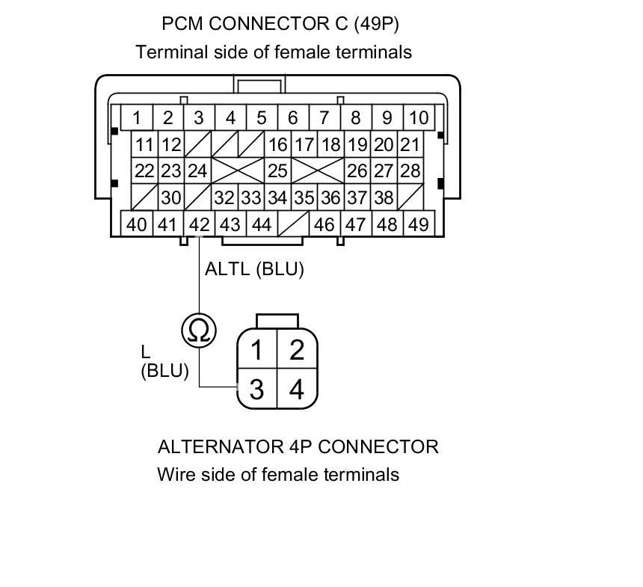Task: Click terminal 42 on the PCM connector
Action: point(199,224)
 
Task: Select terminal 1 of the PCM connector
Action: point(137,117)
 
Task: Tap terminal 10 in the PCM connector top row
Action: point(419,117)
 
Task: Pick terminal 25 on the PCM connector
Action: point(277,170)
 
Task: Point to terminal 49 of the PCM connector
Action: point(418,224)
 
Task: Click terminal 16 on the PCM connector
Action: point(277,144)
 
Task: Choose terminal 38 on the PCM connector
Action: point(384,197)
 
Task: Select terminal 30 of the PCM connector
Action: point(171,197)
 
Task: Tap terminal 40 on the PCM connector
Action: point(136,224)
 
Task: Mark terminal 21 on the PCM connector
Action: point(410,144)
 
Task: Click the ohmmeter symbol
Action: point(199,329)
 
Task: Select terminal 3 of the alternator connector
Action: point(256,390)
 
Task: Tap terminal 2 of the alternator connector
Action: point(297,349)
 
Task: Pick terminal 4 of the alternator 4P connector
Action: point(297,390)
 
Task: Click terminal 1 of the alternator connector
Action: point(256,349)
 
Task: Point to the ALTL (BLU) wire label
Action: point(254,269)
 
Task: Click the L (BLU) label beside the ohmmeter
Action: point(164,361)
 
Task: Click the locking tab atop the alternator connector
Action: point(277,321)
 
